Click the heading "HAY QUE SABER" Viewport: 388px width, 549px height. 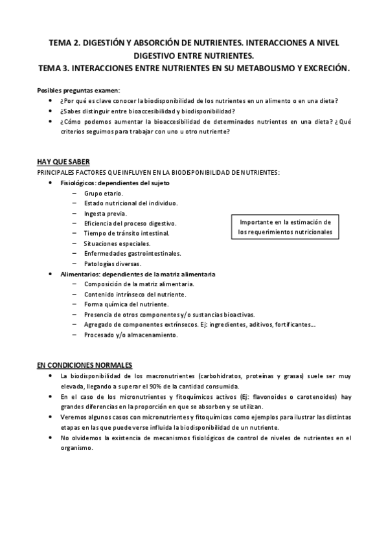click(63, 161)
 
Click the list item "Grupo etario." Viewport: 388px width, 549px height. click(104, 193)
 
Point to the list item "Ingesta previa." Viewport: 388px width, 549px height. click(106, 213)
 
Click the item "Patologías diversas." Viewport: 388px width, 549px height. click(112, 263)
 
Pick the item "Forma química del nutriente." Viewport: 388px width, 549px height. click(126, 304)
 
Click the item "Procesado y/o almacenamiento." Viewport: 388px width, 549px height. click(130, 335)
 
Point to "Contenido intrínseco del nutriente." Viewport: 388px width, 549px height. click(135, 294)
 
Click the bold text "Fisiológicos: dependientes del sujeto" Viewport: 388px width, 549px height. click(115, 183)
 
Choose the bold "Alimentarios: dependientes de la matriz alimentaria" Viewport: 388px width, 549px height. click(138, 274)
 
